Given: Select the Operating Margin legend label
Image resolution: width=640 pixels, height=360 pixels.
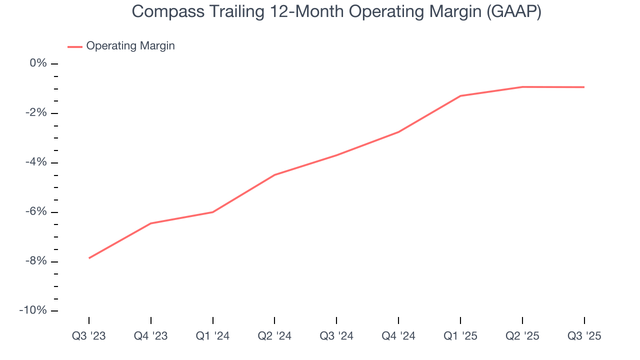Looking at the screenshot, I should point(130,46).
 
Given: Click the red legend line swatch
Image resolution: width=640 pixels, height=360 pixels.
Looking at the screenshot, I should point(75,46).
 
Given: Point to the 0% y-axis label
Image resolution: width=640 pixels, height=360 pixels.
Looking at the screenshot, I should point(38,63).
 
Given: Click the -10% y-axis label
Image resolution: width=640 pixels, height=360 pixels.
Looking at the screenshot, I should point(33,310).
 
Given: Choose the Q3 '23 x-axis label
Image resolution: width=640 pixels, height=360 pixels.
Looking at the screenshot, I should point(89,336).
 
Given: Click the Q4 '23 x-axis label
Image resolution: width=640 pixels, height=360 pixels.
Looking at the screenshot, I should point(150,336).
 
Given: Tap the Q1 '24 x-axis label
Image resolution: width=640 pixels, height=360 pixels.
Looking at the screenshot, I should point(212,336).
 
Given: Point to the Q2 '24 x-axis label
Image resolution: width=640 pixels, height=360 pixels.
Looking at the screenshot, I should point(274,336).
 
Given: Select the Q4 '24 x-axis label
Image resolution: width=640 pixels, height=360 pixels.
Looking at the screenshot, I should point(398,336).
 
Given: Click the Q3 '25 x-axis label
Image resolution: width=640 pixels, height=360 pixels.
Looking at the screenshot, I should point(584,336).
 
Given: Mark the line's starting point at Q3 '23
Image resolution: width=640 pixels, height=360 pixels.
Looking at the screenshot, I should point(89,258).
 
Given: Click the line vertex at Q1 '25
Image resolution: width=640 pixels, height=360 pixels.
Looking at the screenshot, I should point(460,96).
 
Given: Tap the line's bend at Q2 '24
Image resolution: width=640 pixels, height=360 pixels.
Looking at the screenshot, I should point(274,175).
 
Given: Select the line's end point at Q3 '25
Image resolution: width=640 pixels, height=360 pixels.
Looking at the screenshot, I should point(584,87).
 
